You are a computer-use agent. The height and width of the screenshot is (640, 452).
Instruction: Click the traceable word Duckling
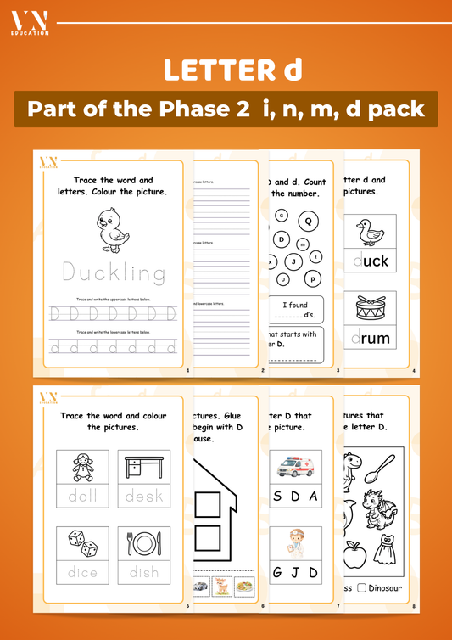pos(114,272)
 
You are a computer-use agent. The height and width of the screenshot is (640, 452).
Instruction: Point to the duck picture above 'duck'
pos(371,231)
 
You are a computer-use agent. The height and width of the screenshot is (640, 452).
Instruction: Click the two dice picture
pos(84,543)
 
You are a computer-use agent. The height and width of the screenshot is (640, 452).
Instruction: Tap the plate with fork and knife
pos(143,543)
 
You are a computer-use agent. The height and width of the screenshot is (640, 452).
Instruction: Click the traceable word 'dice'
pos(84,572)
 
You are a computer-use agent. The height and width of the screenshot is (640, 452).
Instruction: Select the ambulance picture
pos(296,467)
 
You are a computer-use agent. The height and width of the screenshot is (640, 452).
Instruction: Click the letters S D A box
pos(296,497)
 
